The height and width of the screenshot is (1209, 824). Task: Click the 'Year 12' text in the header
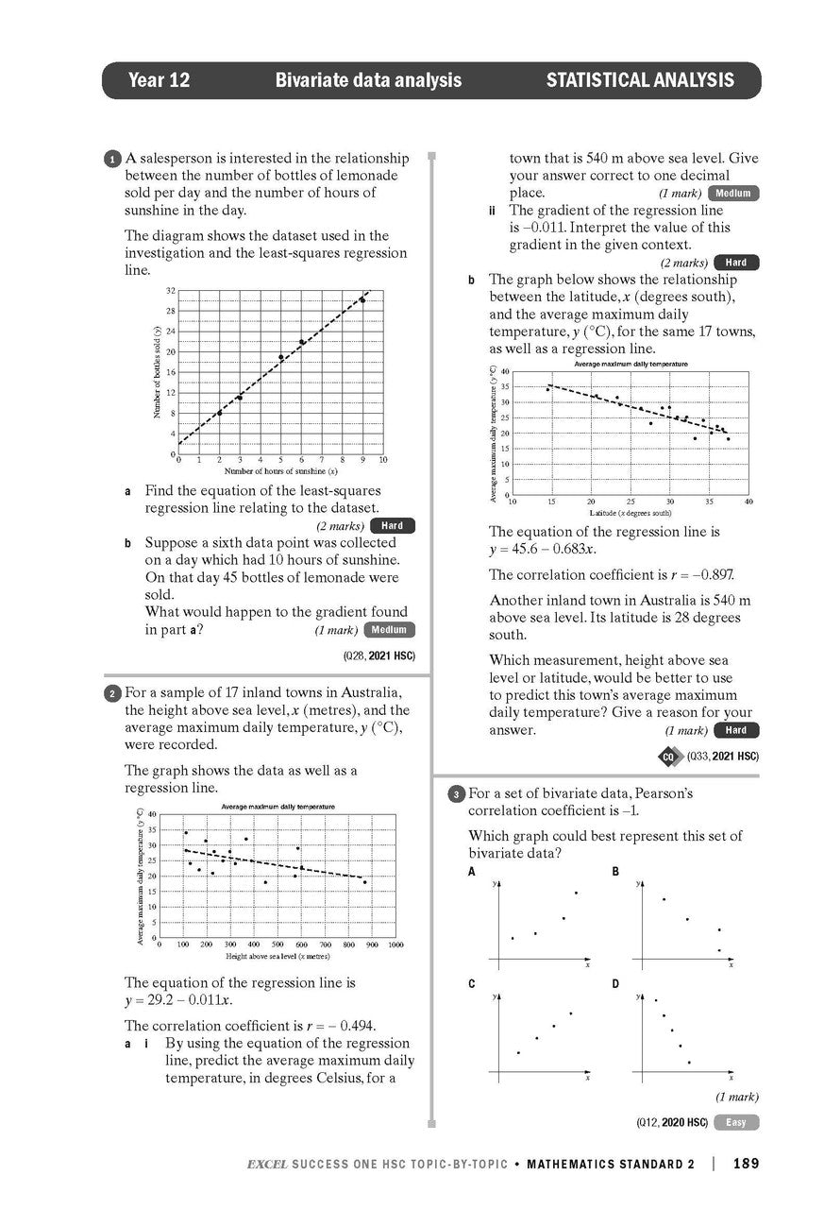[159, 80]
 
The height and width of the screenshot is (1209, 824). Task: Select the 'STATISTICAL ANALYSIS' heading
[639, 80]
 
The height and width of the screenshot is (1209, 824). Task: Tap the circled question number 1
[112, 160]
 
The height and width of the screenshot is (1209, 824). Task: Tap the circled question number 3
[455, 794]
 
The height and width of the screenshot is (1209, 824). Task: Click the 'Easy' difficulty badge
[736, 1122]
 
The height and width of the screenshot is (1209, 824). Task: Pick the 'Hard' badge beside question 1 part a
[392, 526]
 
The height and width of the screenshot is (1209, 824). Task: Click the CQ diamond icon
[668, 757]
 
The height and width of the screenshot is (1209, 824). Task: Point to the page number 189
[745, 1164]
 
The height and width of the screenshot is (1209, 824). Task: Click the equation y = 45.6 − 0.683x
[542, 550]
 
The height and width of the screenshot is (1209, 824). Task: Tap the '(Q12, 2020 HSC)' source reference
[672, 1122]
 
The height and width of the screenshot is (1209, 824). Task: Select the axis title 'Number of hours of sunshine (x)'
[280, 470]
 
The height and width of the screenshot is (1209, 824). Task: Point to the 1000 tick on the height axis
[395, 945]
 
